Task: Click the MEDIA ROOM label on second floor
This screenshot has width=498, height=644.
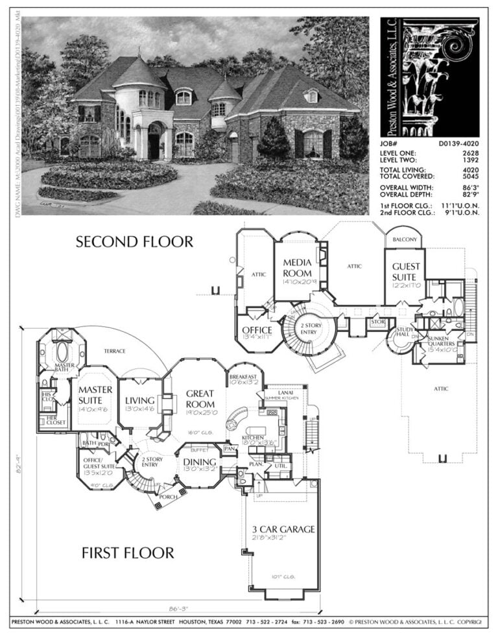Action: (297, 268)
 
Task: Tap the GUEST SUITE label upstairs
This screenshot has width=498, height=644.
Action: (406, 271)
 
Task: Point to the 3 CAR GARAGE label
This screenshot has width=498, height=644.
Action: (283, 529)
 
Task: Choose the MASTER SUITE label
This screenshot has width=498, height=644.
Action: (95, 395)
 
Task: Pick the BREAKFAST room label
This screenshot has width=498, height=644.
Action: (243, 377)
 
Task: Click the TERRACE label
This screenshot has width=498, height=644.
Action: (114, 351)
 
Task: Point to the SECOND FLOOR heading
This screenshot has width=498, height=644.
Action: (134, 242)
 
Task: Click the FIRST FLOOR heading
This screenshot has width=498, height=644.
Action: (128, 553)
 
